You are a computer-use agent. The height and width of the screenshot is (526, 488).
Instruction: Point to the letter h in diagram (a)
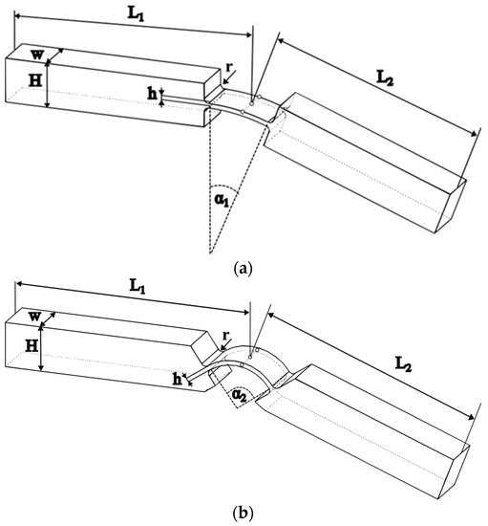click(x=152, y=93)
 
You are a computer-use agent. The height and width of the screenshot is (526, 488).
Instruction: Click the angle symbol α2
click(x=240, y=393)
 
